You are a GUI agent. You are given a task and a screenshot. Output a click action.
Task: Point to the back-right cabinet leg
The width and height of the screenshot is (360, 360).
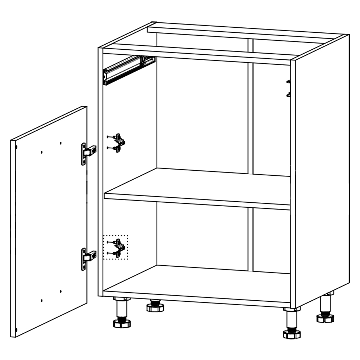325,306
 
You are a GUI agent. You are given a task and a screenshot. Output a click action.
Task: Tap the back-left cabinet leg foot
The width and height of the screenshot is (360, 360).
155,307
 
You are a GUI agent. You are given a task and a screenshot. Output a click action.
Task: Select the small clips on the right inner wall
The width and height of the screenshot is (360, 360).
288,89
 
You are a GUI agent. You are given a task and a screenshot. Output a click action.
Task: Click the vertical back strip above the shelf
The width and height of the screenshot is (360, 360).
251,108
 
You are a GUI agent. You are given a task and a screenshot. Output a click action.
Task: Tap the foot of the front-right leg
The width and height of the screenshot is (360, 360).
292,334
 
